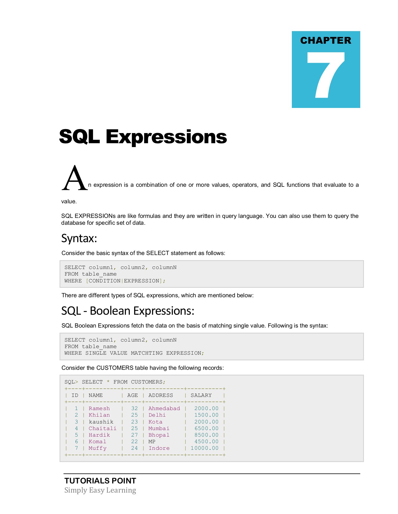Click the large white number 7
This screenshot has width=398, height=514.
click(326, 75)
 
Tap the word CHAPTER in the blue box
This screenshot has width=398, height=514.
click(326, 41)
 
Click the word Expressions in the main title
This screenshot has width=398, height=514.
click(166, 137)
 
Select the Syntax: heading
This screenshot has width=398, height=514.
click(79, 238)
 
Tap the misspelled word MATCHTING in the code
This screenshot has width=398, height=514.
click(147, 353)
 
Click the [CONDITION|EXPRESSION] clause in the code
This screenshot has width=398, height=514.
click(126, 281)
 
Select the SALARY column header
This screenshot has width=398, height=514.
click(201, 395)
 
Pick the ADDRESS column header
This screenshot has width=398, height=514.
click(161, 395)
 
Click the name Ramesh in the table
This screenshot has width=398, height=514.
click(99, 409)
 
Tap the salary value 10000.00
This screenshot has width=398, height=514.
click(205, 448)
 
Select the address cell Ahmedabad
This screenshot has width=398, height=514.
click(164, 409)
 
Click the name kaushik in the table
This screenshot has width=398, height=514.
click(101, 422)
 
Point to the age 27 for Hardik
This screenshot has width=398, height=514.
click(134, 435)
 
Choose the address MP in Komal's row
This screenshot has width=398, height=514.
click(152, 442)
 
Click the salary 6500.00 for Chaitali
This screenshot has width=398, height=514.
click(207, 429)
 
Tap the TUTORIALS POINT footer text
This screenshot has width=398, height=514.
click(100, 481)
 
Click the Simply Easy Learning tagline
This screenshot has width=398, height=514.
click(100, 490)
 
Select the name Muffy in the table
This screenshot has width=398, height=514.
click(98, 448)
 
